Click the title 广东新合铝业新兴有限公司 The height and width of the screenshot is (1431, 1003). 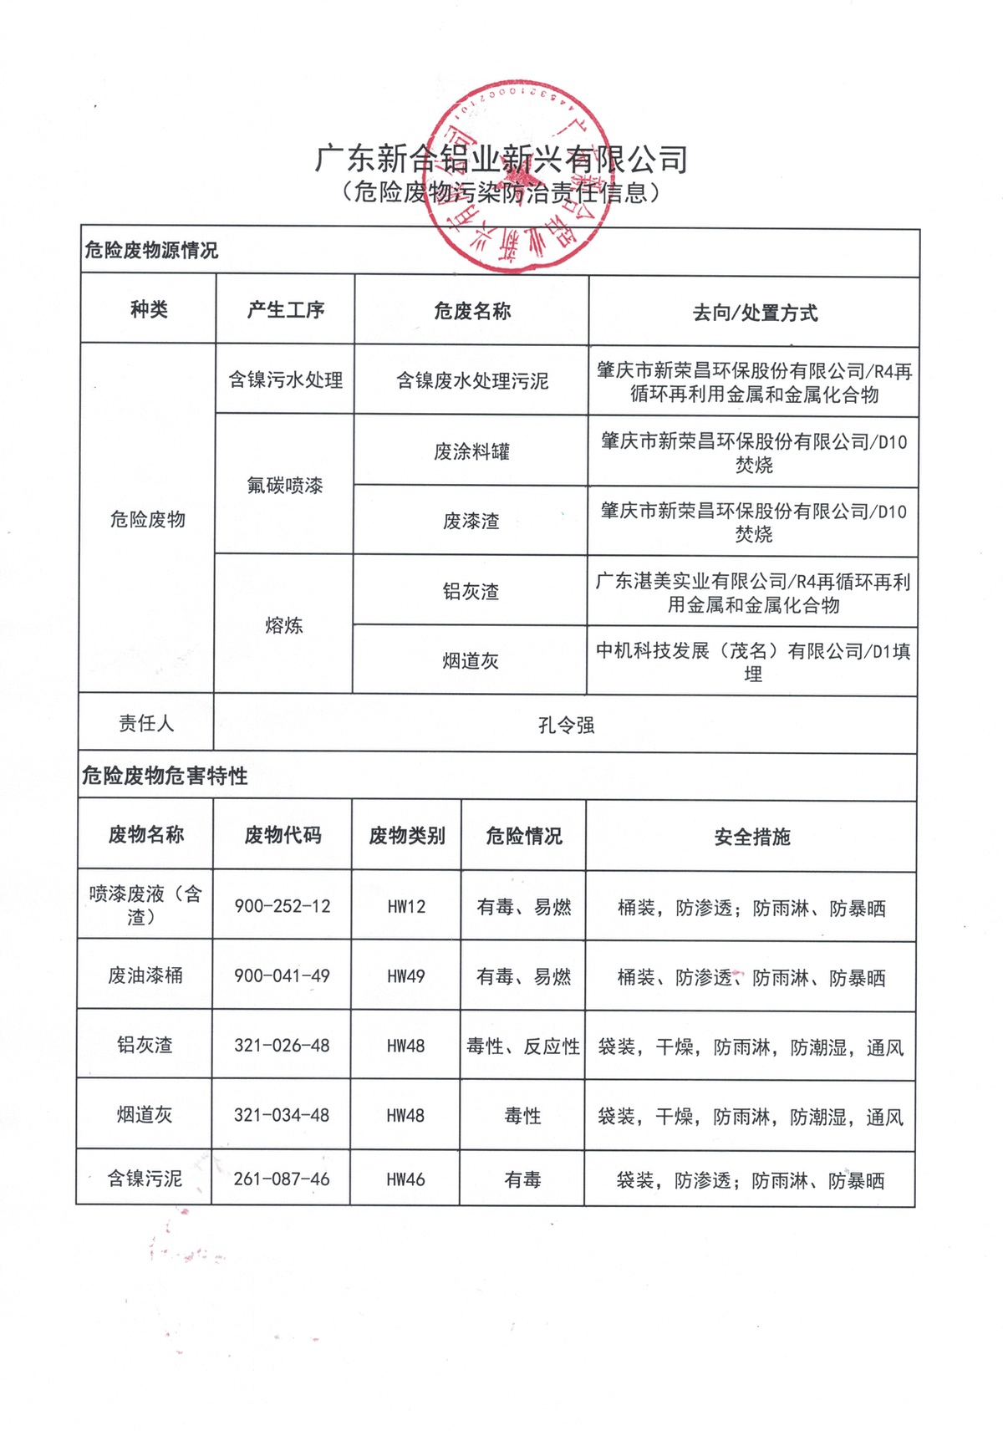click(501, 158)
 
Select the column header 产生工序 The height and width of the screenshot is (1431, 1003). click(285, 310)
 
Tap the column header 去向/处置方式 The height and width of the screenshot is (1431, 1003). click(754, 313)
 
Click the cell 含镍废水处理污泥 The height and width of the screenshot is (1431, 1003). click(471, 381)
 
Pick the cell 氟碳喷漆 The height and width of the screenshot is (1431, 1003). click(285, 486)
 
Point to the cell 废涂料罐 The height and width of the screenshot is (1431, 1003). click(471, 452)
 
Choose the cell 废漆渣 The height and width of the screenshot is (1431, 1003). click(471, 522)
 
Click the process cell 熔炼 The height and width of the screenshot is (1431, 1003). click(284, 625)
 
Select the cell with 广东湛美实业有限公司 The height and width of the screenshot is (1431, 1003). click(753, 593)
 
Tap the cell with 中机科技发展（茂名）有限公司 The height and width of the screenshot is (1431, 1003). click(753, 662)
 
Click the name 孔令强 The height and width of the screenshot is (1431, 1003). click(566, 726)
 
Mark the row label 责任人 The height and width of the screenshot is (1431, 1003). click(146, 724)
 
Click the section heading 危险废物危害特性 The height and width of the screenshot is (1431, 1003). click(165, 777)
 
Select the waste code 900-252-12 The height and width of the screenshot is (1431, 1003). click(283, 907)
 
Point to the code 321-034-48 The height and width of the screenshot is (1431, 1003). click(282, 1115)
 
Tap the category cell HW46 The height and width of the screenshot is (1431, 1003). click(405, 1180)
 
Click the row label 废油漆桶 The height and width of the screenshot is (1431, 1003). click(145, 975)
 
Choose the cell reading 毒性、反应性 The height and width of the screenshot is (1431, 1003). click(523, 1047)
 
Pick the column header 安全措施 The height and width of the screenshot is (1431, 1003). click(752, 838)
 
